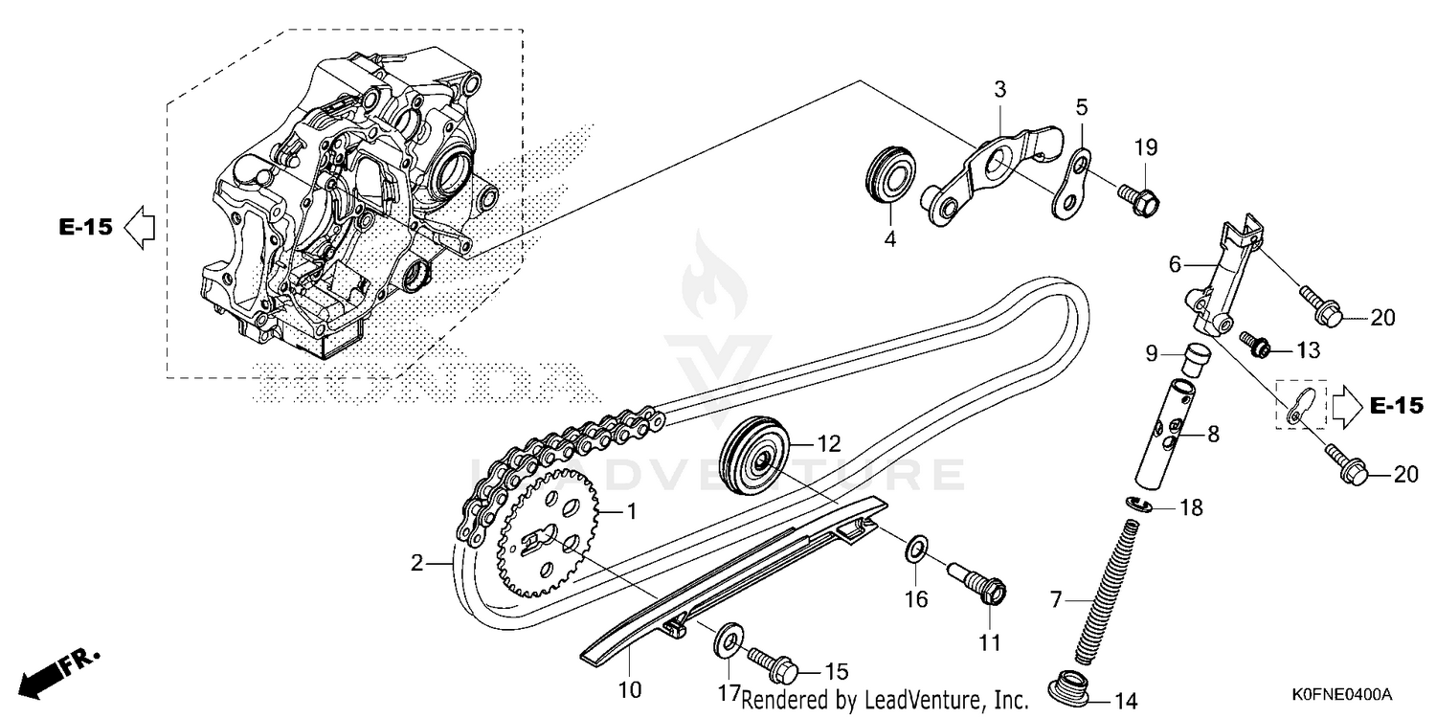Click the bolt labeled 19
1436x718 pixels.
(x=1139, y=198)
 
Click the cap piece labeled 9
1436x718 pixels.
(x=1192, y=361)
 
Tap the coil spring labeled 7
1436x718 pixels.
(x=1105, y=588)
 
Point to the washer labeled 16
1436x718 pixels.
(x=915, y=550)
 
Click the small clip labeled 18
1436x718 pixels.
(x=1136, y=505)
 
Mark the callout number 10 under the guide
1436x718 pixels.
(x=631, y=688)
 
